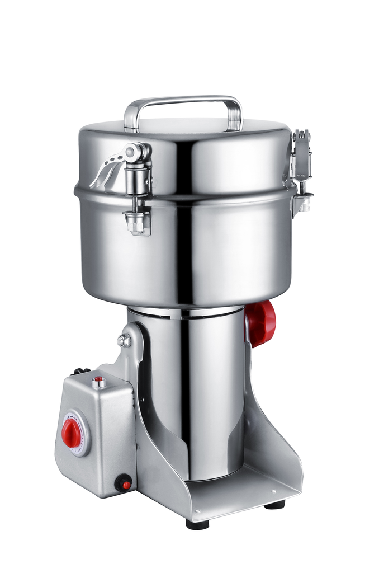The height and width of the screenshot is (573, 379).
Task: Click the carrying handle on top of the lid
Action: [x=183, y=102]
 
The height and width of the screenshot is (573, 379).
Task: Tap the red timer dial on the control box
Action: [x=71, y=433]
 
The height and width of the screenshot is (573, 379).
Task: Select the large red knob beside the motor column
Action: [x=261, y=323]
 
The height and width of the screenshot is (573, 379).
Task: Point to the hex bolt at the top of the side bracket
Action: [x=123, y=340]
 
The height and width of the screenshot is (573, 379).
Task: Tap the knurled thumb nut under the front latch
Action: [x=136, y=223]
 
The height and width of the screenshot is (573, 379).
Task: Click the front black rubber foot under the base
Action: [x=197, y=524]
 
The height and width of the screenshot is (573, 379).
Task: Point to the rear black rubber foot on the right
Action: [x=274, y=504]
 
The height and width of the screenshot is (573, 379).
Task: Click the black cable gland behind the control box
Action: [x=80, y=371]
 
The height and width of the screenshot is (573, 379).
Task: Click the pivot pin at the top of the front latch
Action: [x=133, y=153]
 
